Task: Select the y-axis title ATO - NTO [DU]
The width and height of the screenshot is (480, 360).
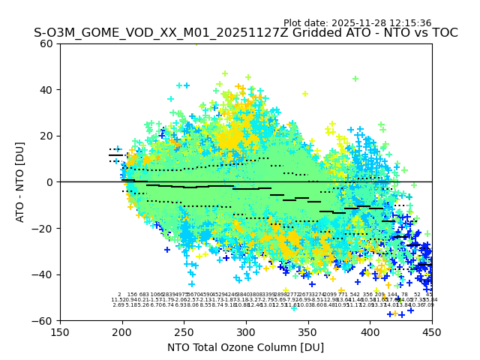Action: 20,182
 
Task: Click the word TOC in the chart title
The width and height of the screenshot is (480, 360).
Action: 443,33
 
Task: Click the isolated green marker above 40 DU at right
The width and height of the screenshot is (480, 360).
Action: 355,79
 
